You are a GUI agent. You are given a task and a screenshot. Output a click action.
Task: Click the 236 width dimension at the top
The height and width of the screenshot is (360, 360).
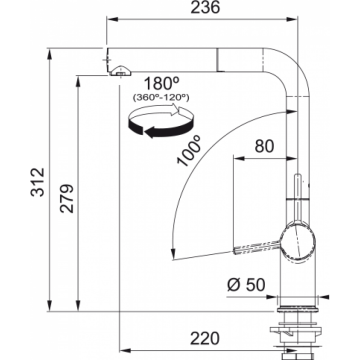205,8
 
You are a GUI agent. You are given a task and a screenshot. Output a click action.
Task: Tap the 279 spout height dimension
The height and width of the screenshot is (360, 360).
67,198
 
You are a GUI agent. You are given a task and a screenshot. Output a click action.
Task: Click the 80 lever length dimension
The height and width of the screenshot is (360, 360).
264,146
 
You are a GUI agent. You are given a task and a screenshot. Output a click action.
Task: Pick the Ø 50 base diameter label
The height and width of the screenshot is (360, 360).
246,285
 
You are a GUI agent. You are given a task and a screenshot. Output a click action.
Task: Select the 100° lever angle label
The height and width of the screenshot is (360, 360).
189,151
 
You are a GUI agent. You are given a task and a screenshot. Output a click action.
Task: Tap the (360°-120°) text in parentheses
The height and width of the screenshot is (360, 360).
161,98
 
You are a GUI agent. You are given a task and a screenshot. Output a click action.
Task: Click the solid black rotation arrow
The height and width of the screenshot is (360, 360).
160,128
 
